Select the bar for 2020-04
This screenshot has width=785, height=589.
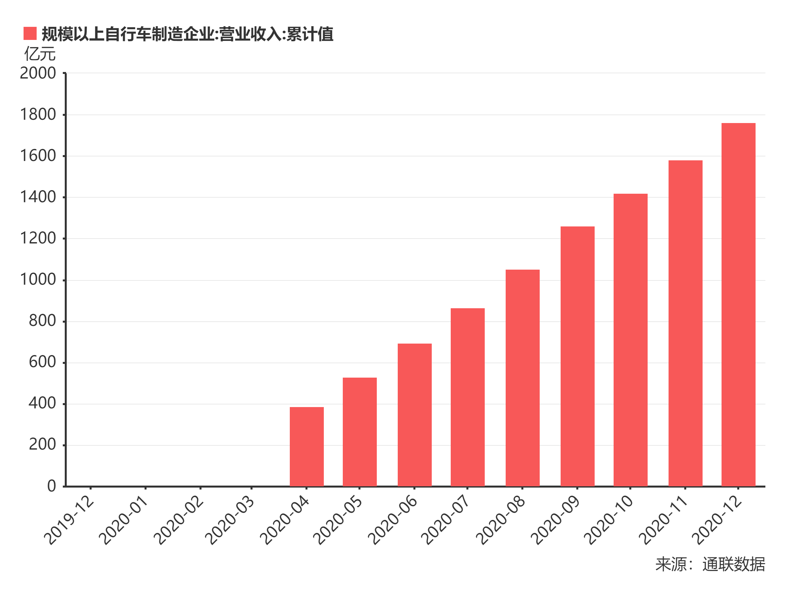(306, 447)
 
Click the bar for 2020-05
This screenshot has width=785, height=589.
(359, 432)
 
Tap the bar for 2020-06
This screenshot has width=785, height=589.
(414, 415)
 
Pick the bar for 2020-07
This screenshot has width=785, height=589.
(467, 397)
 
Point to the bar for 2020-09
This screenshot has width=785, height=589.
(577, 356)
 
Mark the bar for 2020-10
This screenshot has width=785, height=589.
(630, 340)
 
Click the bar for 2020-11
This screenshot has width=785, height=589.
(685, 323)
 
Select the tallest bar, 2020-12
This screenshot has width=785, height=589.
(738, 305)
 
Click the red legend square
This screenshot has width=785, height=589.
(30, 33)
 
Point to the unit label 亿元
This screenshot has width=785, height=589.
(40, 54)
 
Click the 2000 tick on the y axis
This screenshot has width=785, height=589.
(38, 73)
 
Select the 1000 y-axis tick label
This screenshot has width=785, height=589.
(38, 280)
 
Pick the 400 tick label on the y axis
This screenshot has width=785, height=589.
(42, 403)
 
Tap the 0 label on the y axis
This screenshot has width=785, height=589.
(51, 486)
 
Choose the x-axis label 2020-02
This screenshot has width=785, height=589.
(180, 521)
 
